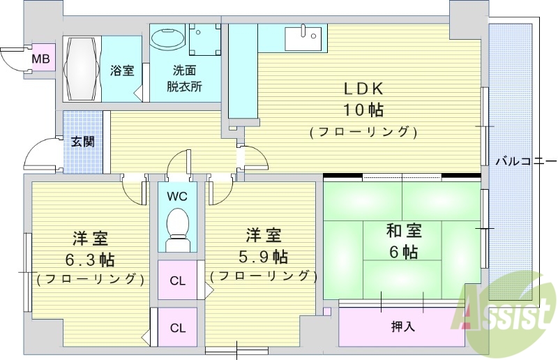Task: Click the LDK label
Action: [363, 89]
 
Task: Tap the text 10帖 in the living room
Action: [363, 110]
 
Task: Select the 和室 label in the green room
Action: [404, 231]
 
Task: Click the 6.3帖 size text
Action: [90, 260]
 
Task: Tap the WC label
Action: [176, 196]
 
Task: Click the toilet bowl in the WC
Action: [176, 227]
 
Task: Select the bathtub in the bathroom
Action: [82, 69]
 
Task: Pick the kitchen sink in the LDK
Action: [305, 37]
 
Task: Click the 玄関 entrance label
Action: [83, 142]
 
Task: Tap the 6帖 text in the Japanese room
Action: [404, 251]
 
